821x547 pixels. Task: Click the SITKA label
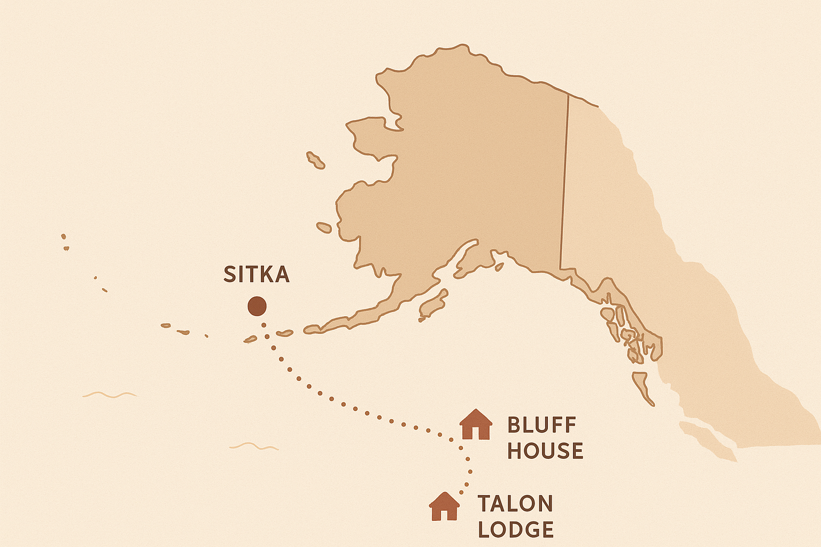[x=257, y=275]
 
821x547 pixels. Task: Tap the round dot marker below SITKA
[x=257, y=307]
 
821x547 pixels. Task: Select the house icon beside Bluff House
[x=476, y=425]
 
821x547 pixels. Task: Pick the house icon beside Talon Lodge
[x=445, y=506]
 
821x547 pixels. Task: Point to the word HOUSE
[x=545, y=451]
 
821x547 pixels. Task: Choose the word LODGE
[x=516, y=529]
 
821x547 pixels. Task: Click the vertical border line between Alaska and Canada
[x=564, y=182]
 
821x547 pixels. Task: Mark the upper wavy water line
[x=110, y=395]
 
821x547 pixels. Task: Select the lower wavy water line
[x=254, y=446]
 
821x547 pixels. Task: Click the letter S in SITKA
[x=229, y=275]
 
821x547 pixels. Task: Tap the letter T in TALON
[x=484, y=504]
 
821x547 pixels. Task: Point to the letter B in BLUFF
[x=514, y=426]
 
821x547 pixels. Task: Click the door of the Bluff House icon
[x=476, y=433]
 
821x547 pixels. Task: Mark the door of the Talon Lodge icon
[x=445, y=514]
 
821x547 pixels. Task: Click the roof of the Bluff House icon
[x=476, y=416]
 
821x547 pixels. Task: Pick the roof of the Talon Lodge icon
[x=445, y=498]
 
